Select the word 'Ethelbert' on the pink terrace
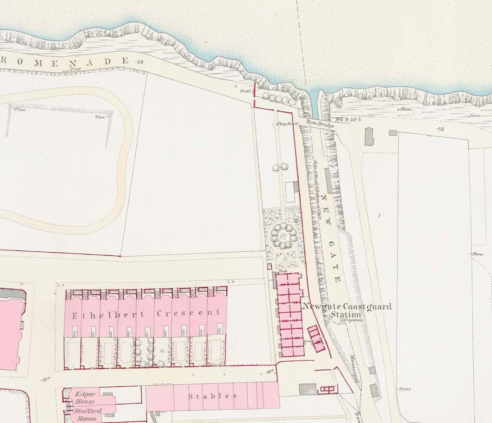(108, 315)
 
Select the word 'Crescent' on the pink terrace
(188, 313)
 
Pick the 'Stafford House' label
(87, 414)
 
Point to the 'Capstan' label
(353, 320)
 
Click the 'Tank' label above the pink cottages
(283, 272)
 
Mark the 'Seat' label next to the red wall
(245, 91)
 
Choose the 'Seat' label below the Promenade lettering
(75, 69)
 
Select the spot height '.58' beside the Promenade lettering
(139, 62)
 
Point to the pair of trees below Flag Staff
(280, 167)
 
